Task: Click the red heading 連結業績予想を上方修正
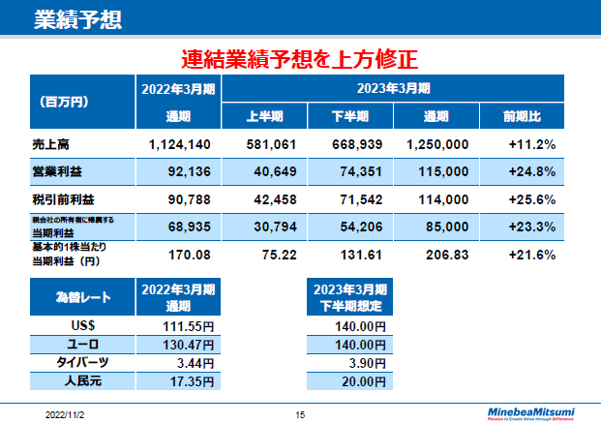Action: [300, 59]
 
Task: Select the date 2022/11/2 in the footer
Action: [65, 413]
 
